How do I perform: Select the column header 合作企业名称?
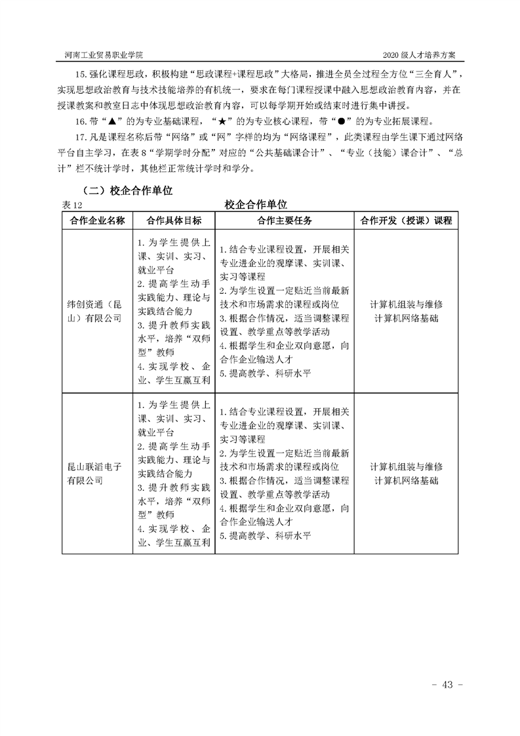tap(97, 220)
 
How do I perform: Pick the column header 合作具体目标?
tap(174, 220)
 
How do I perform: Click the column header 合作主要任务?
tap(284, 220)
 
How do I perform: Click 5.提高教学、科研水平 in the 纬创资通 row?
tap(265, 373)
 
